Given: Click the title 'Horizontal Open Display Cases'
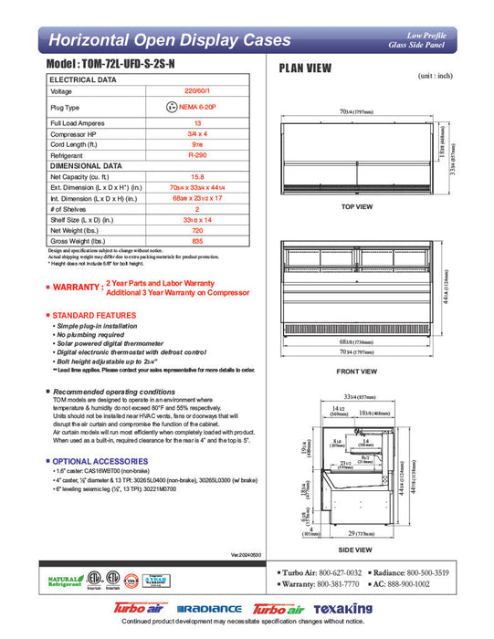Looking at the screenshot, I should [169, 40].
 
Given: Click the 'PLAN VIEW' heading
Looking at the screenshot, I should [305, 68].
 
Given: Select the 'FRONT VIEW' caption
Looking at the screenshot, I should [356, 372].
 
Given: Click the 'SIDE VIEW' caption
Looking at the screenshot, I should [356, 550].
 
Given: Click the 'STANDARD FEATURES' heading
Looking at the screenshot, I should [94, 315].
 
